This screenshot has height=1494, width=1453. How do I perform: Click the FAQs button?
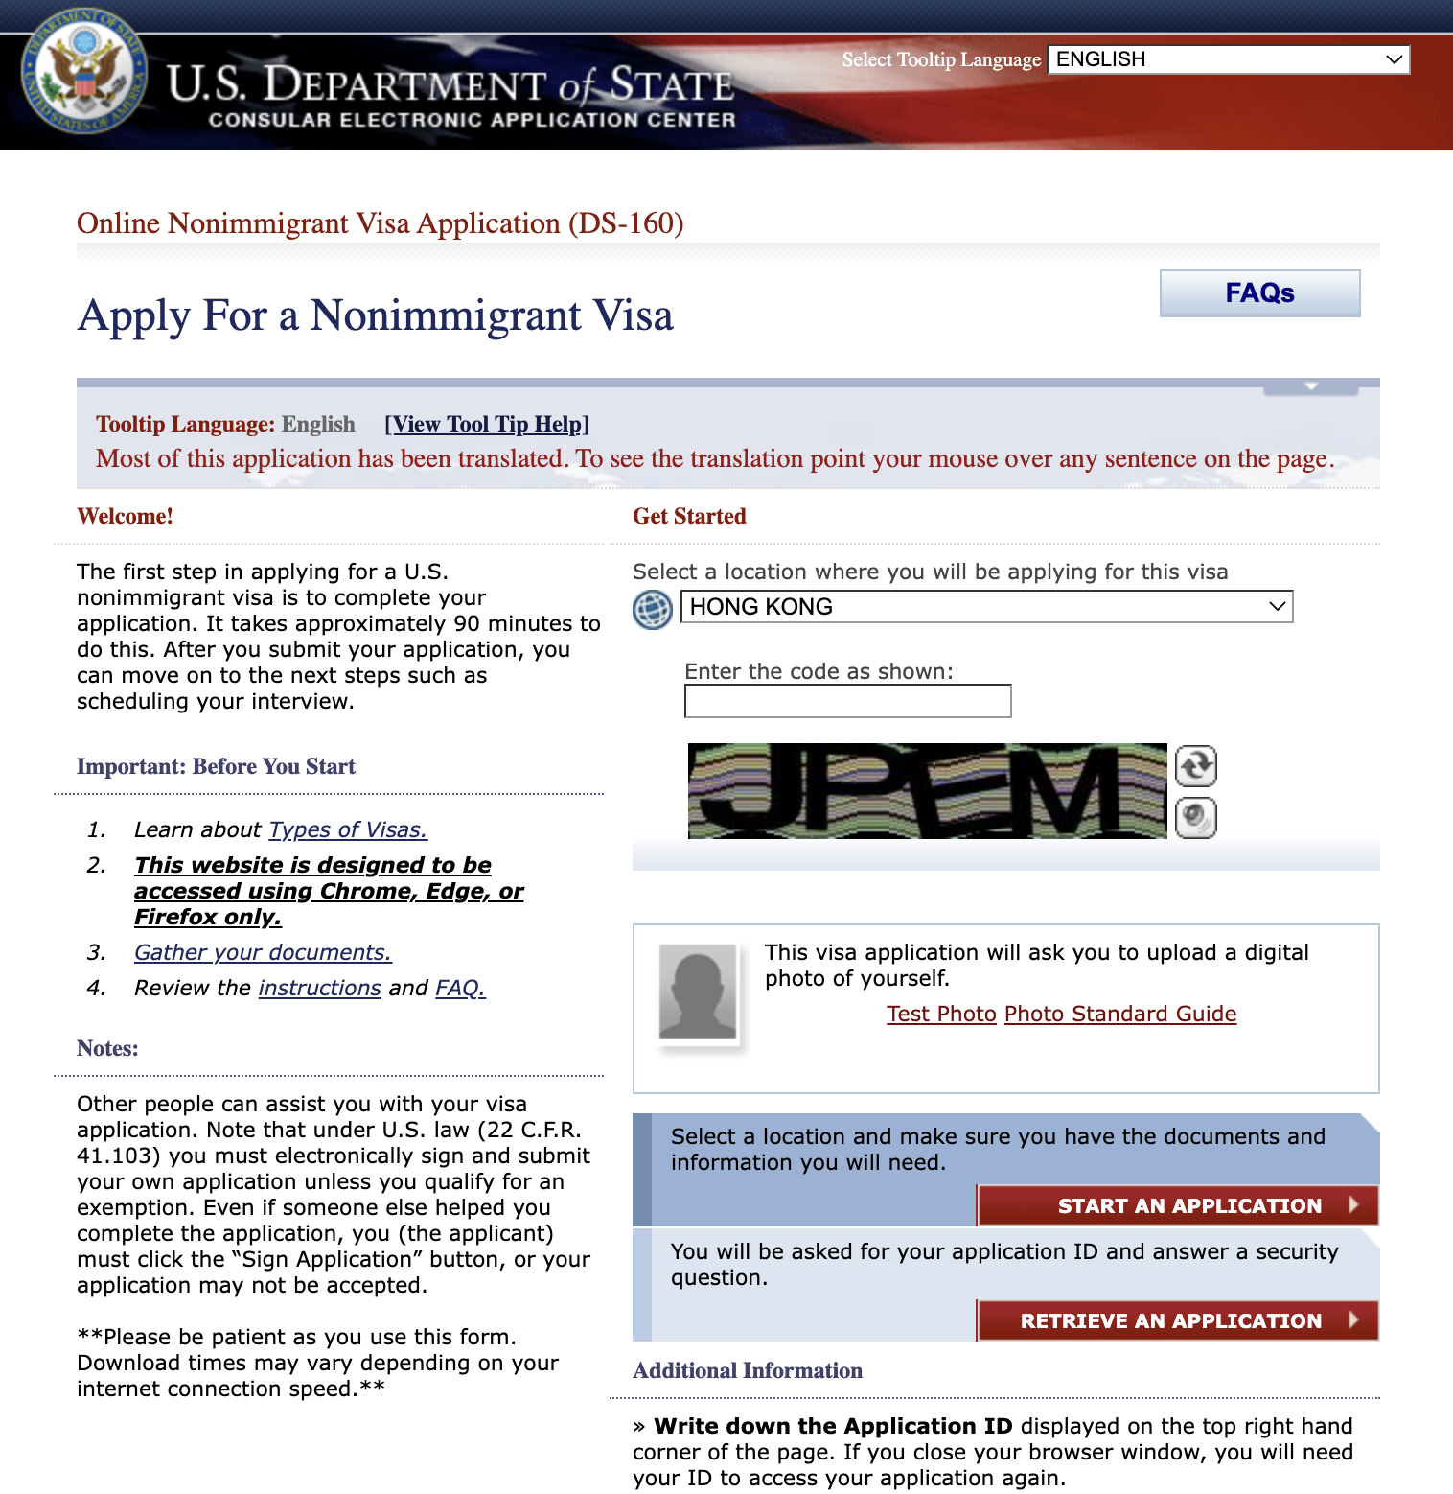[x=1259, y=293]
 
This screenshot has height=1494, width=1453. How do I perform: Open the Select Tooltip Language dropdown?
[x=1228, y=59]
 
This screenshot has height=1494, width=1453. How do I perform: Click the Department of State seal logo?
[x=84, y=73]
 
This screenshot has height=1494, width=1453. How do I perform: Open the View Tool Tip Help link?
[x=487, y=424]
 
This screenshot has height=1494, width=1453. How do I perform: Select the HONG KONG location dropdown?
[x=986, y=607]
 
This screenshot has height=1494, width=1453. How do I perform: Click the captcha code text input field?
[x=847, y=701]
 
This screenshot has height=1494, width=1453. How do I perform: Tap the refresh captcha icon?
[x=1196, y=766]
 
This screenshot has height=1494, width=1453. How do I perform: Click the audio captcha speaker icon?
[x=1196, y=818]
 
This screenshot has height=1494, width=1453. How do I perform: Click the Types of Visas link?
[x=348, y=829]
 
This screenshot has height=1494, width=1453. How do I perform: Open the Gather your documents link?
[x=263, y=952]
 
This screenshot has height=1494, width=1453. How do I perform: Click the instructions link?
[x=319, y=988]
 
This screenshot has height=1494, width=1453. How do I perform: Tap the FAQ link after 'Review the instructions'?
[x=460, y=988]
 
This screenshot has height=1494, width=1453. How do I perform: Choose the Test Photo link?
[x=941, y=1014]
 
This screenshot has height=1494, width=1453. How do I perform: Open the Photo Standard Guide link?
[x=1120, y=1014]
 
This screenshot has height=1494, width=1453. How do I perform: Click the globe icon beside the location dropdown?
[x=653, y=610]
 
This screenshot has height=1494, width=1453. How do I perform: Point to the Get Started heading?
[x=689, y=516]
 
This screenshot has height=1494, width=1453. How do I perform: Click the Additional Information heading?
[x=748, y=1370]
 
